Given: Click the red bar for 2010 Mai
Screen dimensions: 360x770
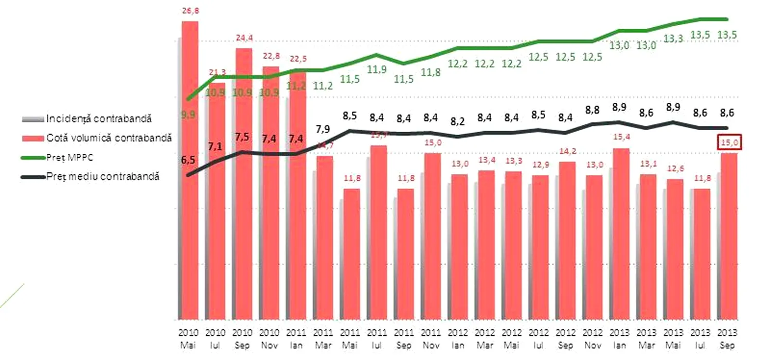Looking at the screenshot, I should coord(190,170).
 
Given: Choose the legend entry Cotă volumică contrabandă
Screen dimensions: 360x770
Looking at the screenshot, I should coord(109,138).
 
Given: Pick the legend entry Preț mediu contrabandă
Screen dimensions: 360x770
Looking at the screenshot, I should coord(102,176).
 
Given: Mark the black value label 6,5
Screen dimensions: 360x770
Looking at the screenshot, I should coord(188,160).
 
